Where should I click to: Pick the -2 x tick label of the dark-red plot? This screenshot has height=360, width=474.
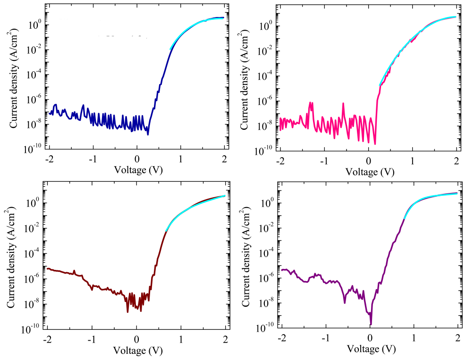coord(48,340)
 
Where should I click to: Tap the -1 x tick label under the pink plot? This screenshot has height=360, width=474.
coord(324,161)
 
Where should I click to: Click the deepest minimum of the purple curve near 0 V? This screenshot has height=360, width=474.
coord(371,324)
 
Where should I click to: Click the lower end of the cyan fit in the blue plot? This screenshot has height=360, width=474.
coord(170,49)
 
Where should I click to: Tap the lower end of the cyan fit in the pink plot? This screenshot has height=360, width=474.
coord(380,85)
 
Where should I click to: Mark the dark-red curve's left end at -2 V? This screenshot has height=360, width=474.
coord(47,268)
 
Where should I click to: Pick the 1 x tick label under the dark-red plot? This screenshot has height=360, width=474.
coord(181,340)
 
